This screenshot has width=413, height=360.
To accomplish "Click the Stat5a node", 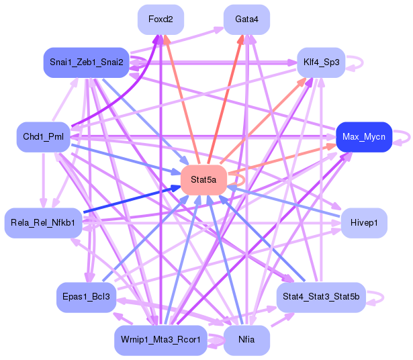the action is click(x=203, y=180).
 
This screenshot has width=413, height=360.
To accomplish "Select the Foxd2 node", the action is click(x=160, y=19).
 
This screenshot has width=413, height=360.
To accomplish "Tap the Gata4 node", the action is click(x=246, y=19).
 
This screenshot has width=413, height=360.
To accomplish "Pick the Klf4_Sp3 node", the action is click(x=321, y=62).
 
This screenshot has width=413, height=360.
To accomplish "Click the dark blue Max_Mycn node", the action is click(x=364, y=137).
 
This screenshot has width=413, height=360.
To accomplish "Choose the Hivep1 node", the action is click(x=364, y=223).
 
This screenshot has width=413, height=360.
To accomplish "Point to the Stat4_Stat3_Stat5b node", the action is click(x=321, y=297).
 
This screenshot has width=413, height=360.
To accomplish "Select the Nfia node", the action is click(x=246, y=340).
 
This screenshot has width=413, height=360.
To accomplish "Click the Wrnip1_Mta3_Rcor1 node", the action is click(x=160, y=340).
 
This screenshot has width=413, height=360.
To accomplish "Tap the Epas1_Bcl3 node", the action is click(x=86, y=297).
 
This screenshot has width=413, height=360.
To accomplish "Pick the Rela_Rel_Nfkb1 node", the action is click(x=43, y=223).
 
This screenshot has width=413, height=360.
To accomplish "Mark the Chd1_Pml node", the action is click(x=43, y=137).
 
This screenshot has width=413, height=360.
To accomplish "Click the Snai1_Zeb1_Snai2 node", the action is click(x=86, y=62).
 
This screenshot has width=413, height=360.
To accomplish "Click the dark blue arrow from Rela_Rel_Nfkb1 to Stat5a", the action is click(x=132, y=199).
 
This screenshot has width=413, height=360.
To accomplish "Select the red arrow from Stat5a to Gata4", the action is click(x=226, y=99).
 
